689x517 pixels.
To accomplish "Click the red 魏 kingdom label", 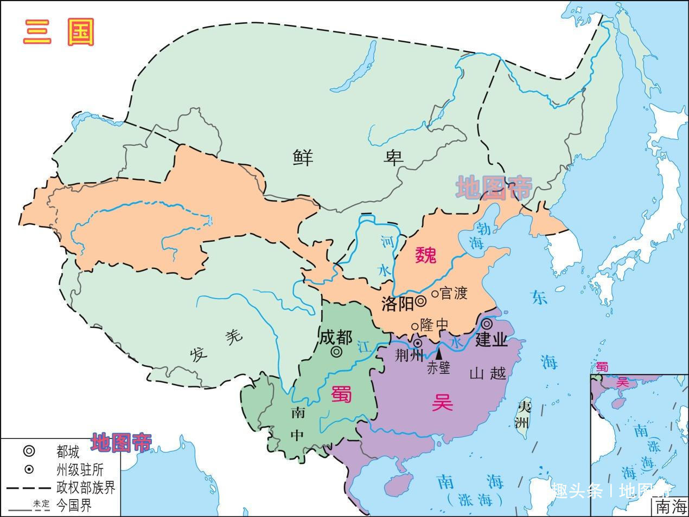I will tap(425, 255).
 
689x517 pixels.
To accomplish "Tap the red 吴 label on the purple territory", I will tap(442, 403).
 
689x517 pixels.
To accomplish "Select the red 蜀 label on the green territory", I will tap(342, 394).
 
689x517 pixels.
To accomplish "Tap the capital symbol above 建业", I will tap(487, 324).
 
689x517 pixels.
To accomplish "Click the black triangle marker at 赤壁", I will tap(438, 352).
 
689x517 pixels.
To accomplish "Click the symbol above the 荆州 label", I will tap(418, 343).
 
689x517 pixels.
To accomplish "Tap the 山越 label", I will tap(487, 373).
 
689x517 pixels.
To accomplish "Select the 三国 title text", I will tap(59, 33).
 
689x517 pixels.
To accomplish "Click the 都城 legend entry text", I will tap(67, 451).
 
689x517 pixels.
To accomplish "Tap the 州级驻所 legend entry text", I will tap(79, 469).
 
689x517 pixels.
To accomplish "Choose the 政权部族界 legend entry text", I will tap(86, 487).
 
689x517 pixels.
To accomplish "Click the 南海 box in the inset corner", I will tap(671, 507).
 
